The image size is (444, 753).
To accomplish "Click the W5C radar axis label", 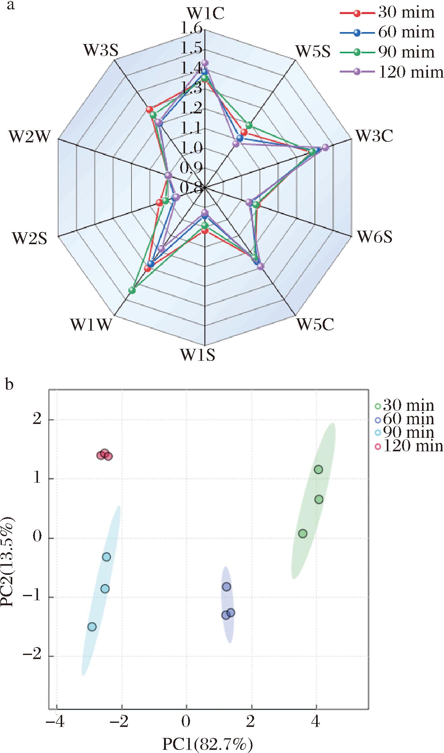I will point(315,324).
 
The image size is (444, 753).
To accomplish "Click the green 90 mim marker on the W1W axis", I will point(132,290).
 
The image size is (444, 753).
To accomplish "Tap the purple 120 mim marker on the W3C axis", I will point(326,147).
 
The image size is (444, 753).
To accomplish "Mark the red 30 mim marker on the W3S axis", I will point(149,109).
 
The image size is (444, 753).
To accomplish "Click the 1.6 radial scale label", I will point(191,29).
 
